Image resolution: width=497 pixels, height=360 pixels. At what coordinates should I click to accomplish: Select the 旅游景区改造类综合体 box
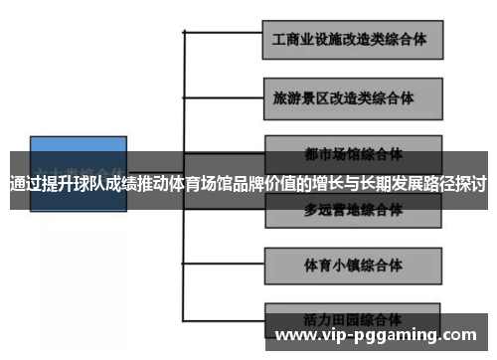[x=352, y=99]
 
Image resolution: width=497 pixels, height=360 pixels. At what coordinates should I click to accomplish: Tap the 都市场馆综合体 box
[x=352, y=152]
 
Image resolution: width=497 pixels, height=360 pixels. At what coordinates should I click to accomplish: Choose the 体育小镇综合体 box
[x=352, y=266]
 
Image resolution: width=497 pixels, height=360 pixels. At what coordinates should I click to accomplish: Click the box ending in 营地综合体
[x=352, y=210]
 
